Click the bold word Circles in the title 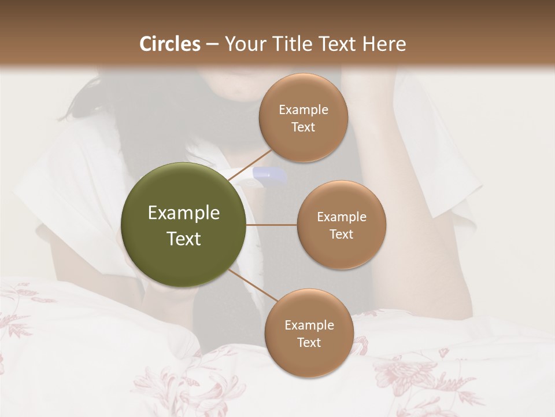[x=169, y=44]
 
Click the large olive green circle [x=183, y=225]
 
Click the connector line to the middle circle [x=271, y=225]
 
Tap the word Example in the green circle [x=183, y=213]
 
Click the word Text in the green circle [x=183, y=239]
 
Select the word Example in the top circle [x=303, y=110]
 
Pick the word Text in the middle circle [x=341, y=235]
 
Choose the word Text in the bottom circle [x=309, y=343]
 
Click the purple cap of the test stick [x=271, y=173]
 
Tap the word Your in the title [x=242, y=44]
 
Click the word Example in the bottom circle [x=309, y=325]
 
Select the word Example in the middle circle [x=341, y=217]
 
